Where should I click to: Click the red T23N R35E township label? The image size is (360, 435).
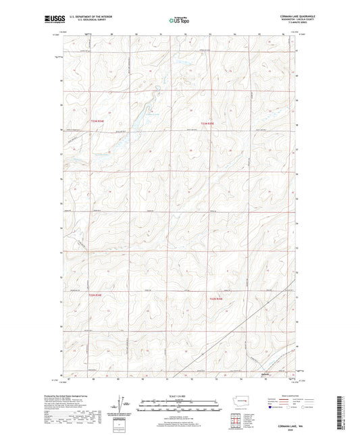tap(208, 124)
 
